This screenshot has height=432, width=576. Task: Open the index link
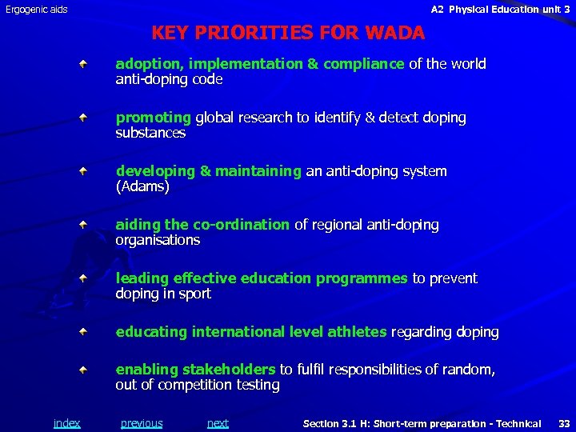(66, 423)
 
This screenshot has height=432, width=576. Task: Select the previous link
(142, 423)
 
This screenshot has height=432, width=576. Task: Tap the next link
(218, 423)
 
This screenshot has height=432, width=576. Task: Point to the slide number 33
(564, 423)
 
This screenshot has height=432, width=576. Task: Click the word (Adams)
(143, 186)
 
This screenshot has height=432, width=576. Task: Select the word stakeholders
(229, 370)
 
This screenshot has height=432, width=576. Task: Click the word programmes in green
(362, 278)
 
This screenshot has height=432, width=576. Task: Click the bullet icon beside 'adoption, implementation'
(83, 63)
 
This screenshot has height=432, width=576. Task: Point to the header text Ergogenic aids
(37, 10)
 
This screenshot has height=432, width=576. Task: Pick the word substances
(150, 133)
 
